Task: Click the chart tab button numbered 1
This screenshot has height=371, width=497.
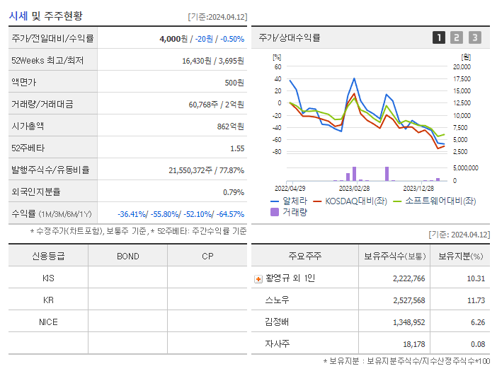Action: [x=439, y=37]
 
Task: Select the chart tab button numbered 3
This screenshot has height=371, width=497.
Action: [x=474, y=37]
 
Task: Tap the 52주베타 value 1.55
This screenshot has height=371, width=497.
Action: [x=236, y=148]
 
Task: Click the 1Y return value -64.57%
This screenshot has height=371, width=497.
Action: [x=227, y=214]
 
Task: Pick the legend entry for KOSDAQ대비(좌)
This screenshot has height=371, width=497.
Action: [x=358, y=201]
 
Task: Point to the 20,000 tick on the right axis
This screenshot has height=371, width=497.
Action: [x=461, y=67]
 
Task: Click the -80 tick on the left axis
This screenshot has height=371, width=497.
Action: [x=275, y=152]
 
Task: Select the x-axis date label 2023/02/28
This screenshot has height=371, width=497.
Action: [x=354, y=189]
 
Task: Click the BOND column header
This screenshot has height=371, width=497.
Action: [x=127, y=256]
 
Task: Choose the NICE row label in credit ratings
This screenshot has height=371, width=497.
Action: [x=48, y=322]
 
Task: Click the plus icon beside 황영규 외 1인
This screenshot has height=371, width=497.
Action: [x=258, y=279]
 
